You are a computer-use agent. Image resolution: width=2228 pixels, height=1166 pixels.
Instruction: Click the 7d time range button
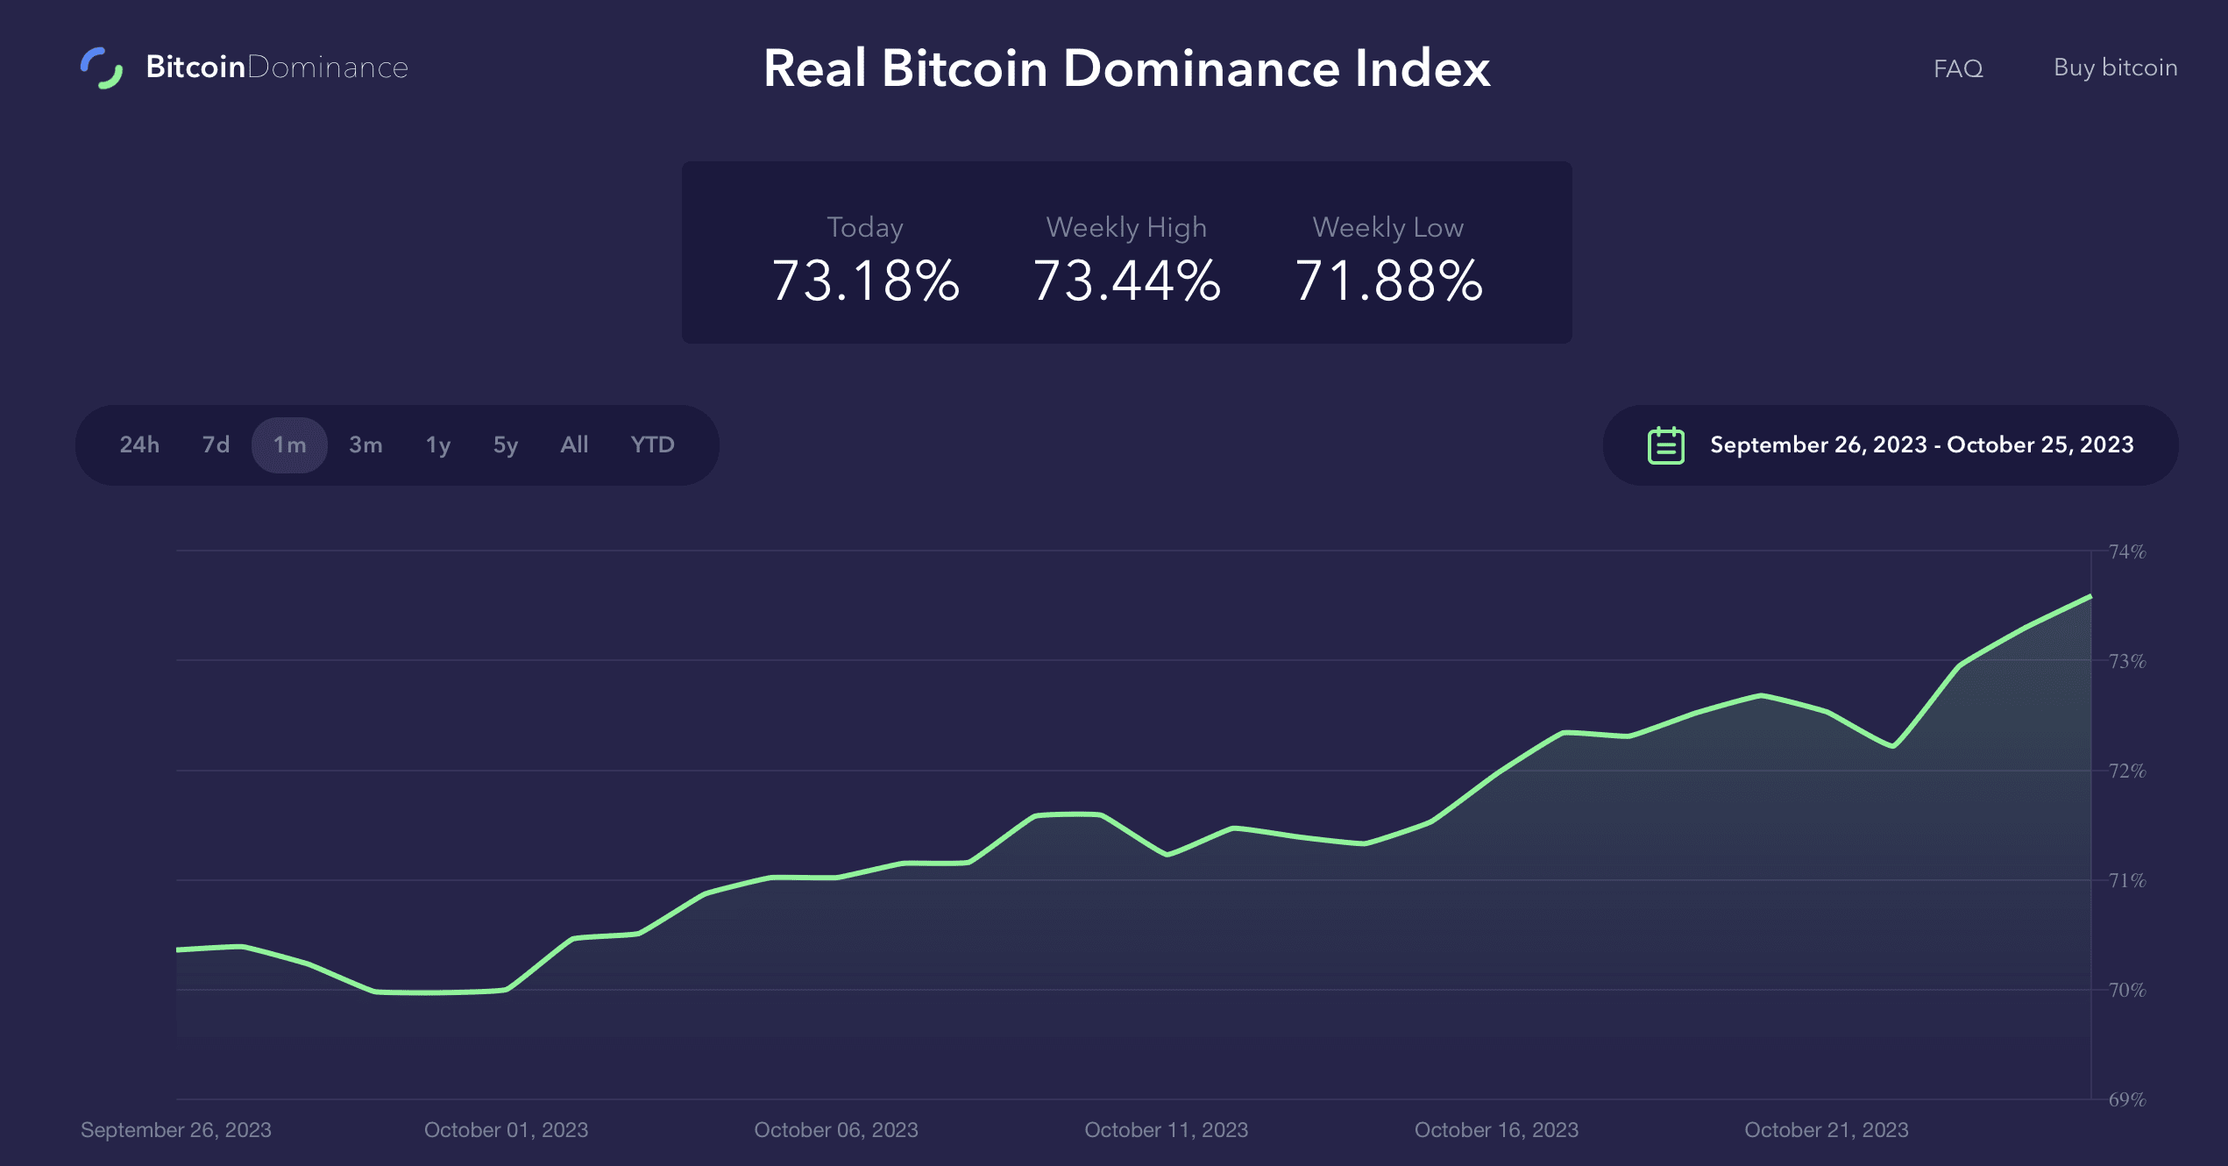[x=216, y=444]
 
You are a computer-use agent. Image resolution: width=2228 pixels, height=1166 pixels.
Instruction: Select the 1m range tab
[x=289, y=444]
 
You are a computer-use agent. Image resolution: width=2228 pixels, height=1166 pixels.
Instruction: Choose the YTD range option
[x=652, y=444]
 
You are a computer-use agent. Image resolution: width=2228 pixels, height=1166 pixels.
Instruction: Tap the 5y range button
[x=505, y=444]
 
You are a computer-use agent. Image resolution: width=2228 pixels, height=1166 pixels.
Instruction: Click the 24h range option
[x=139, y=444]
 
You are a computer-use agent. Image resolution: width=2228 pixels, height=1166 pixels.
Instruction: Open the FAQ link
[x=1957, y=68]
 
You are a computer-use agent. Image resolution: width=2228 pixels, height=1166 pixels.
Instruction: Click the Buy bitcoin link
[x=2115, y=68]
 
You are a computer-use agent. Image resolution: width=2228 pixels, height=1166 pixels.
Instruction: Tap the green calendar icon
[x=1665, y=445]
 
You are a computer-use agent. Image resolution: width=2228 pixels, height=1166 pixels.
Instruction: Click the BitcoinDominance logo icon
[x=102, y=68]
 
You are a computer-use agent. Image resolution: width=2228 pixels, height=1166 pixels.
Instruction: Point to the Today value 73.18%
[x=865, y=281]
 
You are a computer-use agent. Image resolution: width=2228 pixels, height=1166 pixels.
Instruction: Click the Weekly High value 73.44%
[x=1126, y=281]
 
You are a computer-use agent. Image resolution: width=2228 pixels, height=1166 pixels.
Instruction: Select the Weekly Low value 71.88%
[x=1388, y=281]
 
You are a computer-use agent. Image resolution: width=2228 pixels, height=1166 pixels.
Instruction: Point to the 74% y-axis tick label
[x=2126, y=551]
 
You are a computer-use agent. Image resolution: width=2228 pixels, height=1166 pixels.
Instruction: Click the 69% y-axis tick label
[x=2126, y=1099]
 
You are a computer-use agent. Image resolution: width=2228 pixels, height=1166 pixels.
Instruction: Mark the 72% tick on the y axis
[x=2126, y=771]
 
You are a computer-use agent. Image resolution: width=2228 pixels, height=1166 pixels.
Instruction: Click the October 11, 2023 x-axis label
[x=1166, y=1130]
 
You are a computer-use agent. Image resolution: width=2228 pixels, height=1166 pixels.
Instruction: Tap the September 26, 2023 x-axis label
[x=176, y=1130]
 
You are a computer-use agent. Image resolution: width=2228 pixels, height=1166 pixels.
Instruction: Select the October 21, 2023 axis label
[x=1826, y=1130]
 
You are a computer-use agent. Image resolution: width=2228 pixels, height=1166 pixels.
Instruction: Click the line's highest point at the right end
[x=2090, y=597]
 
